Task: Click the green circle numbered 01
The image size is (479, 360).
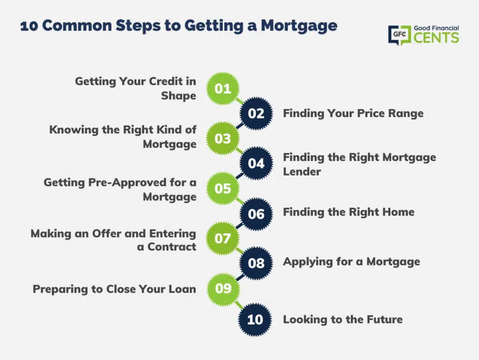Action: (x=223, y=88)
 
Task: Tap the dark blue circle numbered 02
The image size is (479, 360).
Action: (x=256, y=113)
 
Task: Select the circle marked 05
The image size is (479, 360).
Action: (x=223, y=188)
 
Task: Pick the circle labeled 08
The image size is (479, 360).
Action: (x=256, y=263)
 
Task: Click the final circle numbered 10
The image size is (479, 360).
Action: (x=255, y=320)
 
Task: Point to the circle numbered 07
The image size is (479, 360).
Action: (x=223, y=238)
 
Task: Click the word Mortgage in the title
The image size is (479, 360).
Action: (x=299, y=26)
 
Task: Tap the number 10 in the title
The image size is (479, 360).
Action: (x=29, y=26)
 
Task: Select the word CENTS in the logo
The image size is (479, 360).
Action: (x=436, y=38)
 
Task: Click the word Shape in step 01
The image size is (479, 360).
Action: (x=178, y=96)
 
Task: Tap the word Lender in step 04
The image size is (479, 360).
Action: (x=302, y=171)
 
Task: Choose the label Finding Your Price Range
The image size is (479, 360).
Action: (x=353, y=113)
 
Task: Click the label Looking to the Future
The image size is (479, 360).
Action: (x=343, y=319)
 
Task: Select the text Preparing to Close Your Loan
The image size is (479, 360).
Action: (x=114, y=289)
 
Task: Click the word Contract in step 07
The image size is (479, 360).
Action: (x=172, y=247)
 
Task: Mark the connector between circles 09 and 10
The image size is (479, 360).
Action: (x=239, y=304)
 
